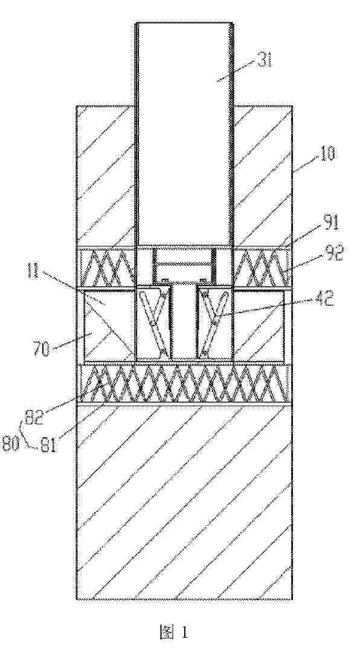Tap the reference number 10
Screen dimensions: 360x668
click(x=326, y=153)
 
